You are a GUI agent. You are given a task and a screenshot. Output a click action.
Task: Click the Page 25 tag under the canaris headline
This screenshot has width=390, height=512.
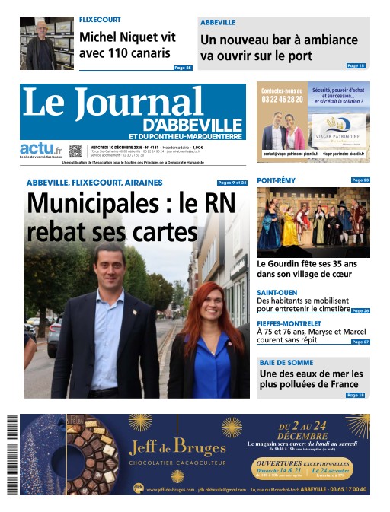[x=183, y=68]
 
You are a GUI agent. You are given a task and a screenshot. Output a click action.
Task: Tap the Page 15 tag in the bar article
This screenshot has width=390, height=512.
[x=356, y=66]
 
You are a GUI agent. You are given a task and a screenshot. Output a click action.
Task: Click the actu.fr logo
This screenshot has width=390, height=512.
[x=41, y=148]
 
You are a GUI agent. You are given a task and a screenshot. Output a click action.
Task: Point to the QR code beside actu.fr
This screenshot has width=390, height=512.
[x=75, y=151]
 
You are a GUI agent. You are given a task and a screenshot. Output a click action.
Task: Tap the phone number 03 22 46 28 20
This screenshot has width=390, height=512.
[x=282, y=100]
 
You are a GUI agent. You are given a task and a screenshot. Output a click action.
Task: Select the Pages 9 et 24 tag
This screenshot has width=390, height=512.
[x=232, y=183]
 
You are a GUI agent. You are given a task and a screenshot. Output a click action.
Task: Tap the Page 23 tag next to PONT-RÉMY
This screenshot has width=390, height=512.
[x=360, y=180]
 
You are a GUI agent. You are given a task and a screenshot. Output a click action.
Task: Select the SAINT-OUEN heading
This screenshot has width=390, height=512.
[x=277, y=293]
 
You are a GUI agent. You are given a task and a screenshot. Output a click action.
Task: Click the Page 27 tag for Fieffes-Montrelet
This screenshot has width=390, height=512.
[x=360, y=342]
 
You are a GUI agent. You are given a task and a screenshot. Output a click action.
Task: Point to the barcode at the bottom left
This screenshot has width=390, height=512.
[x=12, y=453]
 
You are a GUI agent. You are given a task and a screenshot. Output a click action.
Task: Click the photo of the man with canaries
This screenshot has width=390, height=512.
[x=46, y=43]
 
